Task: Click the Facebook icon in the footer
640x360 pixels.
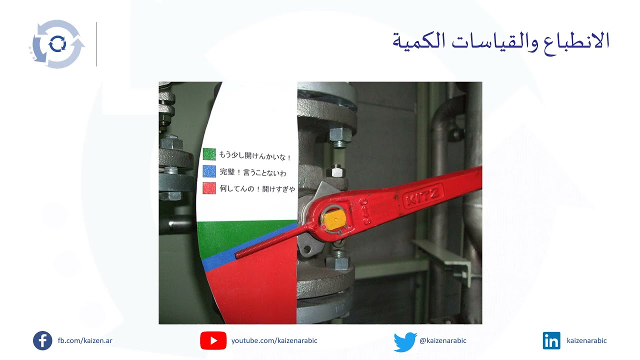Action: (x=42, y=340)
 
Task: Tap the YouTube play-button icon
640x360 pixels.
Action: (x=213, y=340)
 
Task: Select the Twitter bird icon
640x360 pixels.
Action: (x=405, y=341)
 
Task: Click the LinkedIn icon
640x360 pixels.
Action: (x=551, y=340)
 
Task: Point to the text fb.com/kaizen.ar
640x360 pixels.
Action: (x=85, y=341)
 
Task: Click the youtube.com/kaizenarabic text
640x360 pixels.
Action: (x=274, y=341)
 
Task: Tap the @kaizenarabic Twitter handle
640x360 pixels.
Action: (x=442, y=341)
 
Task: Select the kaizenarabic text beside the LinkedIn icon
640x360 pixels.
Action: (x=586, y=341)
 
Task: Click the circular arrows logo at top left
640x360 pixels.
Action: (x=56, y=44)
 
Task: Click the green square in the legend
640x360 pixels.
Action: (x=209, y=154)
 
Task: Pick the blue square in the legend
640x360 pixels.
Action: (x=209, y=171)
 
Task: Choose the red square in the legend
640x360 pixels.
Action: (x=209, y=188)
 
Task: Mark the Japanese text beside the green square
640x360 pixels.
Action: (x=255, y=155)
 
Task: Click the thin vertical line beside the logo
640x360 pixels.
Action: (x=96, y=44)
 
